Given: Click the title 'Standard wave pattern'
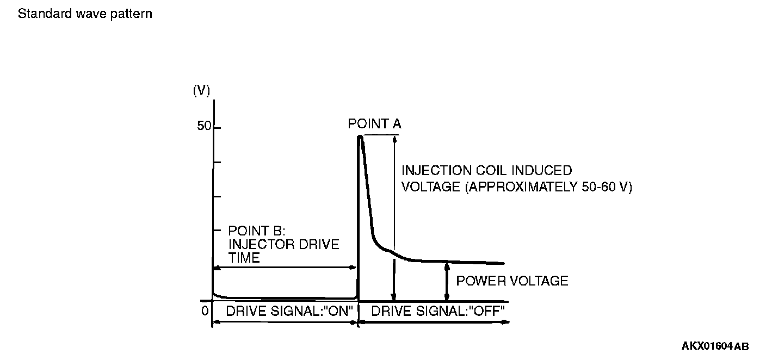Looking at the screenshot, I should (x=85, y=14).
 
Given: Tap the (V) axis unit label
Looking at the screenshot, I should (x=201, y=91).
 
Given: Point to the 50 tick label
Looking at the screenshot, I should (x=204, y=126).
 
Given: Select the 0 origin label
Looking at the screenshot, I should (x=205, y=311).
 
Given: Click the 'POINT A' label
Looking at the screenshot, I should (x=374, y=124).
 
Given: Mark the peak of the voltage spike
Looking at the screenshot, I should (x=360, y=136).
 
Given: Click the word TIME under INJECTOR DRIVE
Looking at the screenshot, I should (x=244, y=258).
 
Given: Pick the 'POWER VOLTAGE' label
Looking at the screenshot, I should (x=512, y=281).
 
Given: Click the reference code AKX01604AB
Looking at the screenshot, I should (x=715, y=346).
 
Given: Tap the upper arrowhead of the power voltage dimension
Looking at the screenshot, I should (x=447, y=265).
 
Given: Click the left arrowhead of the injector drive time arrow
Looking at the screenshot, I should (x=215, y=268).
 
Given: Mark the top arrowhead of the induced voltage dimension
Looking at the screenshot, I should (x=395, y=138).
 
